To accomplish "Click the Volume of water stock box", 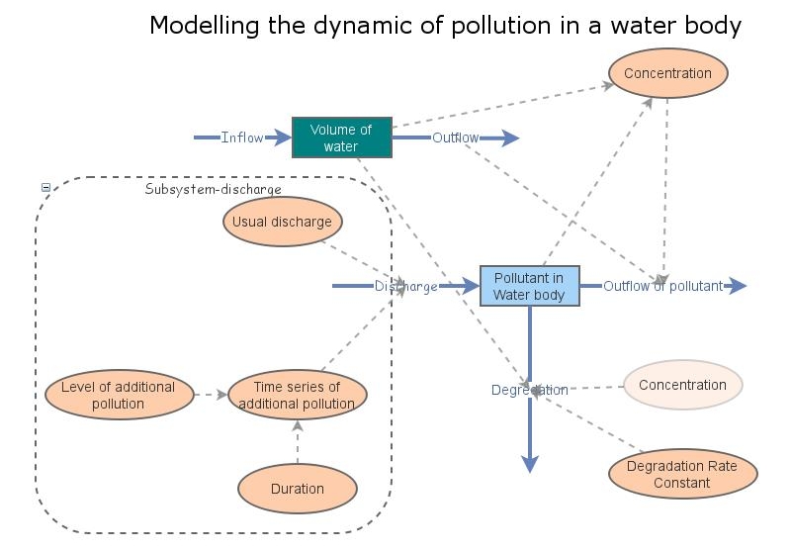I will [341, 137].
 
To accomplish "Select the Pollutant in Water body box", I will [529, 286].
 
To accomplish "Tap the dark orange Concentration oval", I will [667, 73].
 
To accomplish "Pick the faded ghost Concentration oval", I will [682, 385].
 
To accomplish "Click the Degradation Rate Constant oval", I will [681, 475].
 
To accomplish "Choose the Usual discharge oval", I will [282, 222].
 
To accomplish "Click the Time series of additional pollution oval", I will [297, 395].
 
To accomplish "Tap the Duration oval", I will [297, 489].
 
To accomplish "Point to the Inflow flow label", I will [241, 137].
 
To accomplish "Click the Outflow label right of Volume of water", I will [455, 137].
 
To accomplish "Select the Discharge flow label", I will [405, 287].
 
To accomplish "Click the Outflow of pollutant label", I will [662, 287].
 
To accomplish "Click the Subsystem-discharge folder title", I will [213, 189].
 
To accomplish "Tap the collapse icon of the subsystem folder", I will [45, 187].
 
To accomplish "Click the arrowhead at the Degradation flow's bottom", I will [530, 464].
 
